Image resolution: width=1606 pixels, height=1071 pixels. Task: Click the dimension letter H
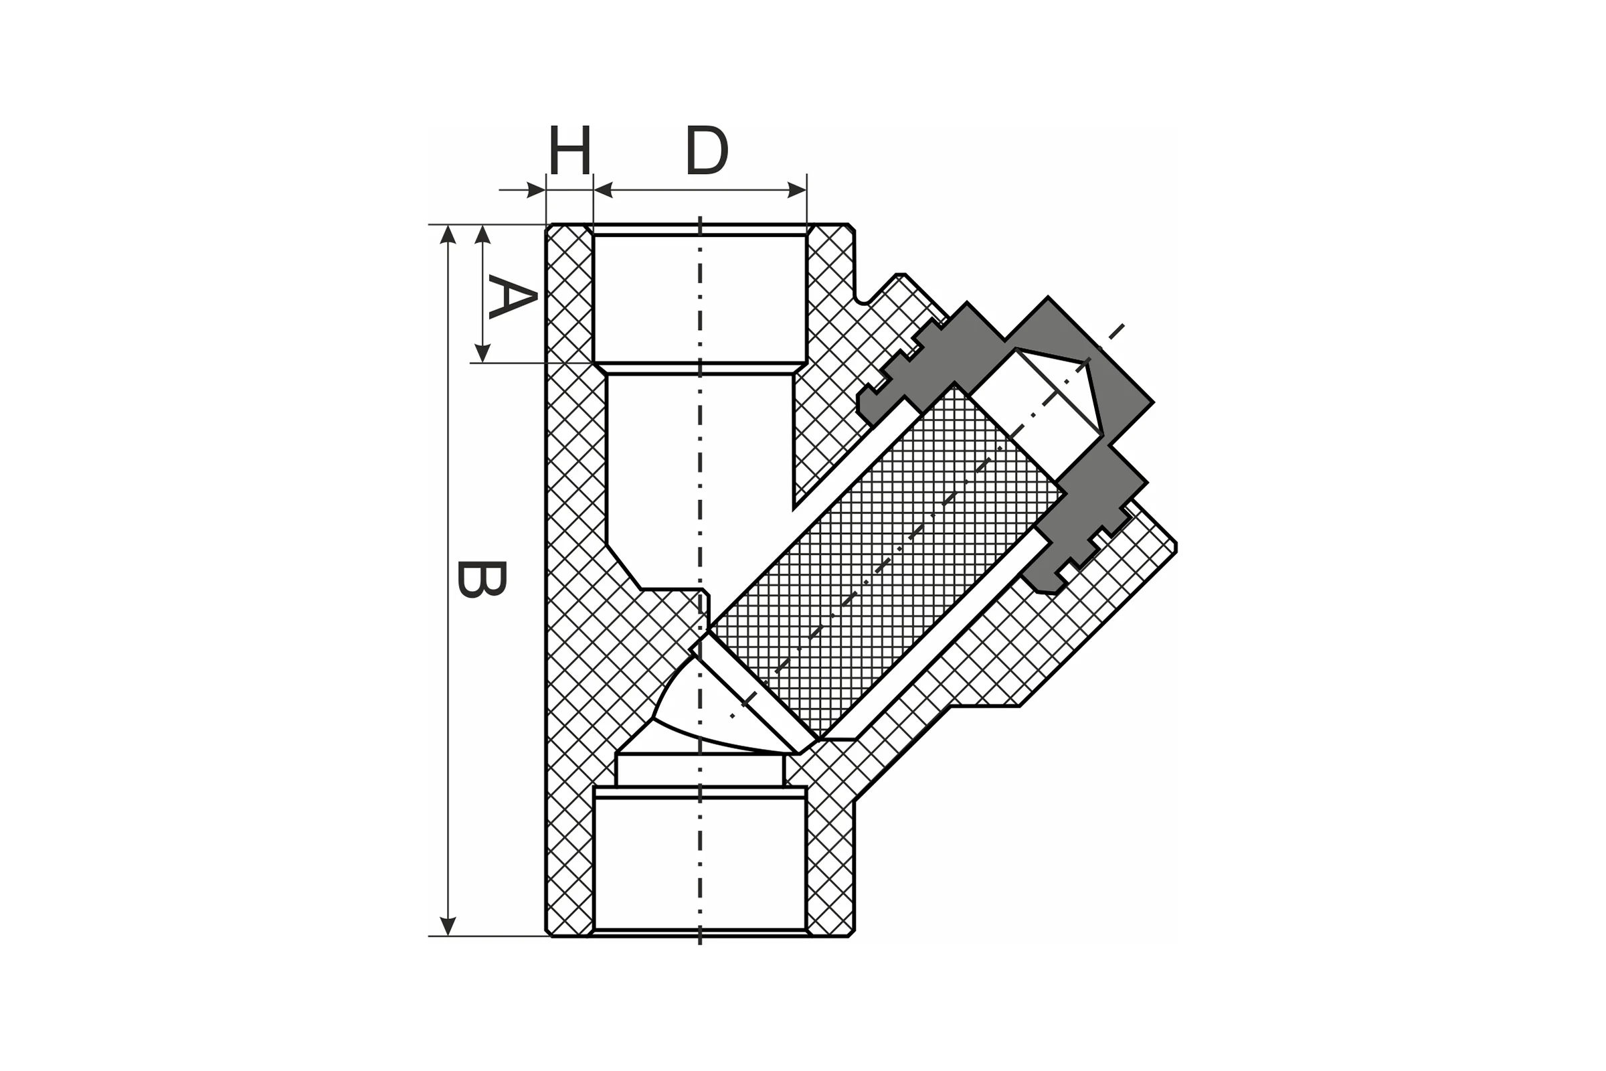click(x=569, y=149)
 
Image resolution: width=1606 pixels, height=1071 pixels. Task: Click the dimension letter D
click(x=707, y=149)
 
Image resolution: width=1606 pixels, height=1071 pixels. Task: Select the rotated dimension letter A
click(x=513, y=297)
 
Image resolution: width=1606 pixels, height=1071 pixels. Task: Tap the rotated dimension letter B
click(x=481, y=579)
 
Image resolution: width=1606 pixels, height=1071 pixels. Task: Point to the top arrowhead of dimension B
click(x=448, y=234)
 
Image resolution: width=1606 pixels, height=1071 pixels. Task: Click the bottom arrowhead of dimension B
click(x=448, y=926)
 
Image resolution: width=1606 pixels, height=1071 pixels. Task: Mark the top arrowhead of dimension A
click(x=482, y=234)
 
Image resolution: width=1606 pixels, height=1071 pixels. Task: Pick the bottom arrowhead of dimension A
click(x=482, y=353)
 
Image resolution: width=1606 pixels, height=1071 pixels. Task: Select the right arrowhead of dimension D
click(x=797, y=190)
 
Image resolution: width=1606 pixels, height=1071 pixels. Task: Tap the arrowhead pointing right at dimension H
click(x=537, y=190)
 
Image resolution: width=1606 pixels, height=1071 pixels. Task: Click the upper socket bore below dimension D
click(x=700, y=299)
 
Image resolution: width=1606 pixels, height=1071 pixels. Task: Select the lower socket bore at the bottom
click(x=700, y=863)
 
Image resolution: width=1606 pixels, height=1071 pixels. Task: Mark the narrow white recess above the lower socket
click(x=700, y=770)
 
